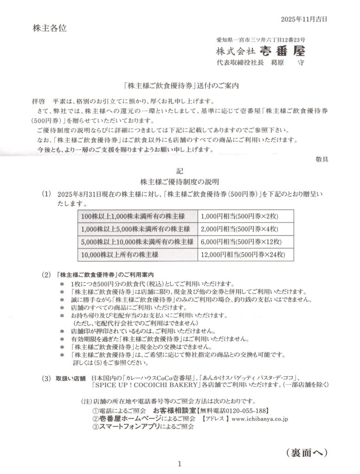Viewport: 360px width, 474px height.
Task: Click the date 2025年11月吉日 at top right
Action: click(x=304, y=19)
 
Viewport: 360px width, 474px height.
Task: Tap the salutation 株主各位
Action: click(x=50, y=28)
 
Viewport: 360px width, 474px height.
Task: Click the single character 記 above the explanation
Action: click(x=180, y=170)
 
